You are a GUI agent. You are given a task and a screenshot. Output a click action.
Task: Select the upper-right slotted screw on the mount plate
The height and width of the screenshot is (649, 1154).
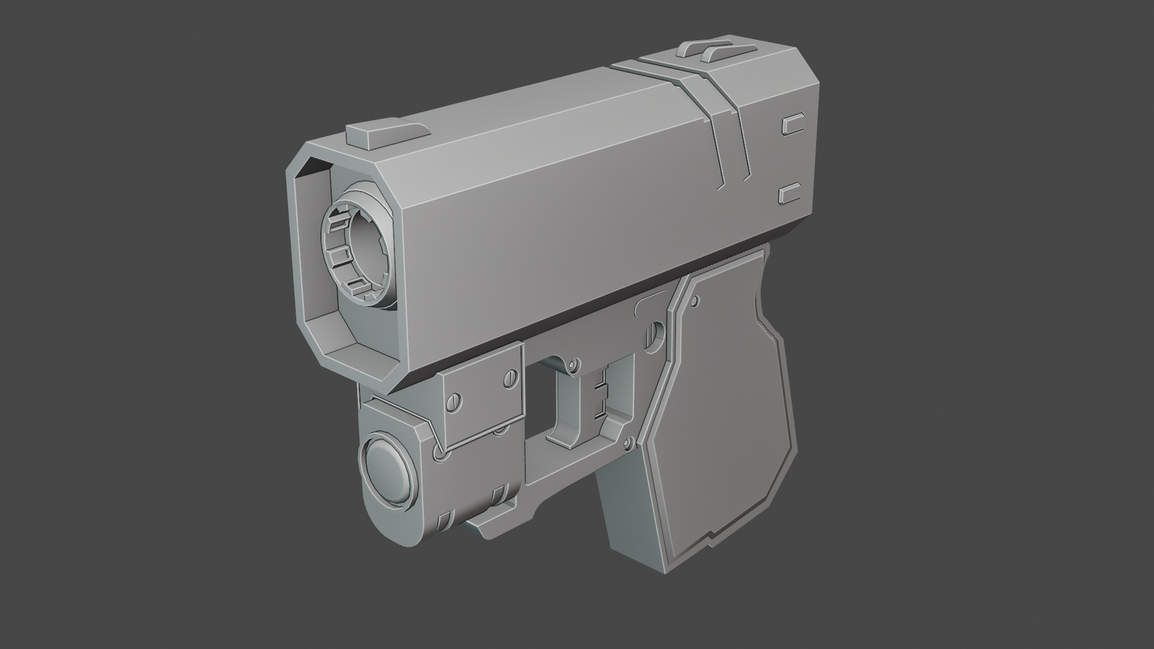510,378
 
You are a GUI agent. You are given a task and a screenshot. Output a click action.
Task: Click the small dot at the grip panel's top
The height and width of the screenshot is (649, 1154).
695,299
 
